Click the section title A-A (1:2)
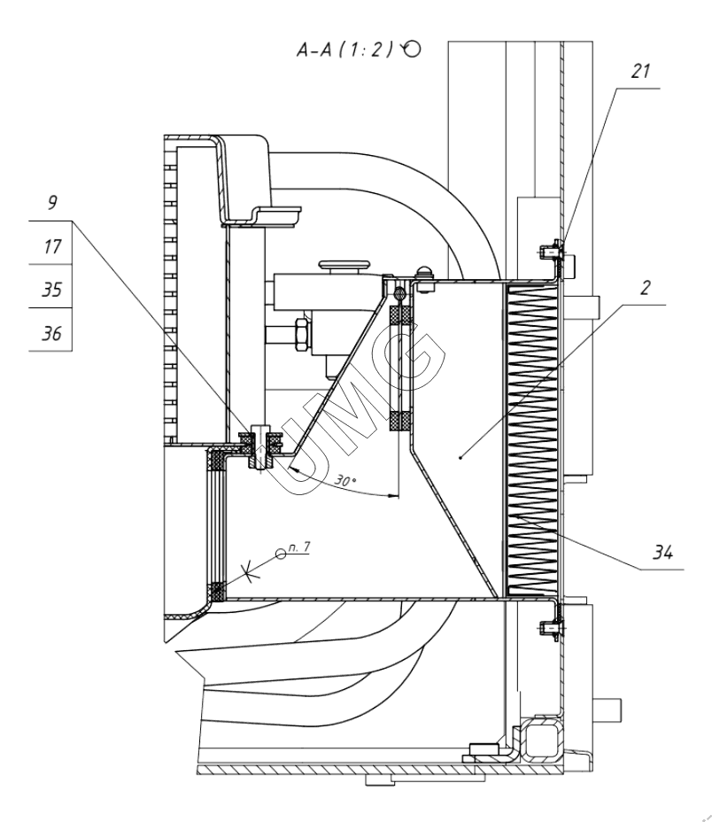[344, 50]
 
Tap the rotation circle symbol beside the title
[412, 49]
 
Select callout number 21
[640, 71]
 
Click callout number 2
[646, 287]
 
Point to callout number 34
[662, 552]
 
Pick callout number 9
[52, 202]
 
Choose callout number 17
[52, 246]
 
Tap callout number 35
[51, 290]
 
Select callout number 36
[51, 333]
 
